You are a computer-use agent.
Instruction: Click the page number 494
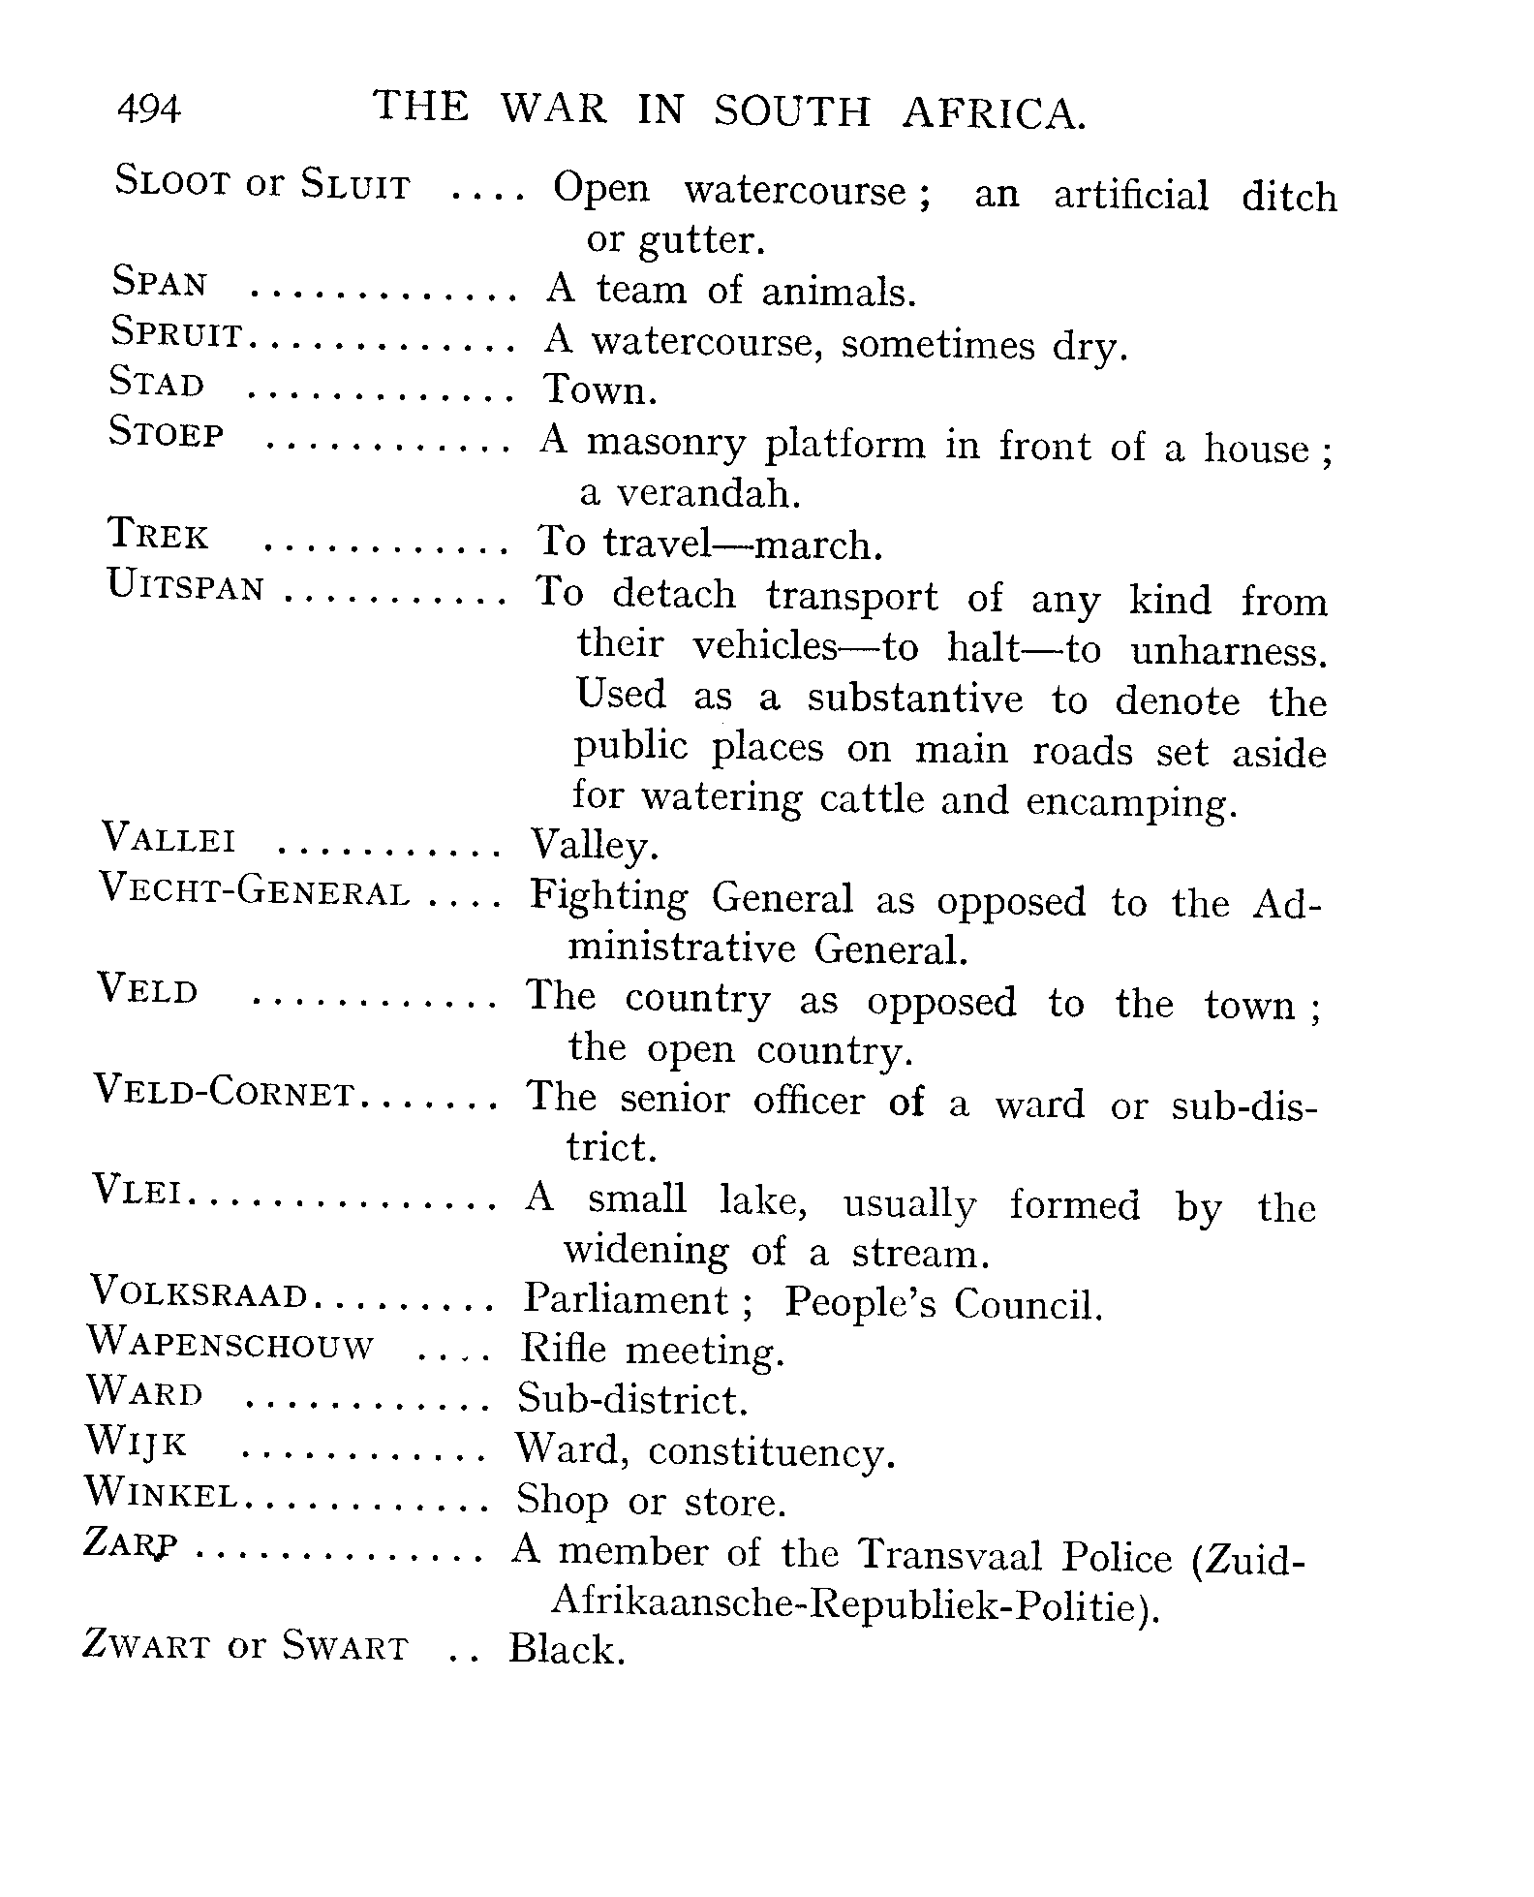148,109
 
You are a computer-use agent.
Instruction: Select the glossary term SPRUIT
176,333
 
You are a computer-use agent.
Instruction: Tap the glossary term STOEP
167,432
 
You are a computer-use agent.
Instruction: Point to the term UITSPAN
185,587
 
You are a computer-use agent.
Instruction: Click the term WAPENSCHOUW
230,1344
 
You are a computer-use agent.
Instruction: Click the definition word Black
567,1649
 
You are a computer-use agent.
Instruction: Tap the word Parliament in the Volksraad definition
627,1300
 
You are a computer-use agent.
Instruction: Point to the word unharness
1228,651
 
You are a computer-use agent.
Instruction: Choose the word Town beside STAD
599,389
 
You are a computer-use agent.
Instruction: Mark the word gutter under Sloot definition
702,240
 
